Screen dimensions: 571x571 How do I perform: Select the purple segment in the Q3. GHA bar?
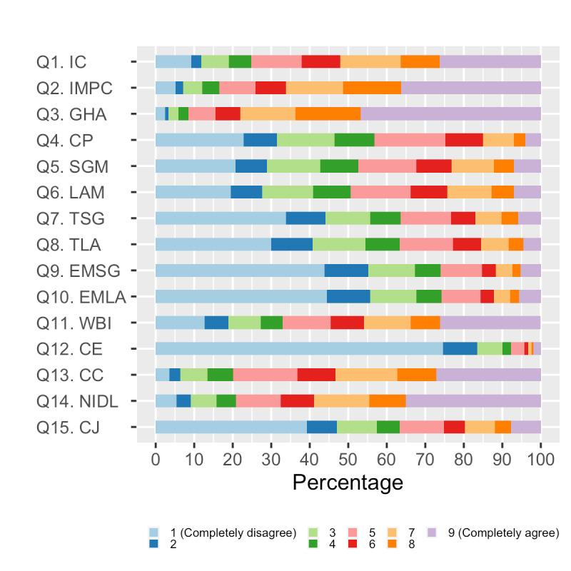click(450, 113)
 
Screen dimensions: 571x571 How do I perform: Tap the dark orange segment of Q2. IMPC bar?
click(372, 88)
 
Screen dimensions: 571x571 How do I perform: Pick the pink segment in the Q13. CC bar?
click(265, 375)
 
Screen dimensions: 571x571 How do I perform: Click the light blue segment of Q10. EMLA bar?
click(241, 296)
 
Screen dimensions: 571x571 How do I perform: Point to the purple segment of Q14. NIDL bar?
click(473, 400)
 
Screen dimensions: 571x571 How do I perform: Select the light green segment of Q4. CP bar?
click(305, 140)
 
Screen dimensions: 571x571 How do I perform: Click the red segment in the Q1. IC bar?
click(320, 61)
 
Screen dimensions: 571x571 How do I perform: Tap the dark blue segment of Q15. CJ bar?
click(322, 427)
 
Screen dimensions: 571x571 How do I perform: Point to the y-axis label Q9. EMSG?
click(78, 271)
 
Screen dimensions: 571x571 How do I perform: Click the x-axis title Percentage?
click(348, 483)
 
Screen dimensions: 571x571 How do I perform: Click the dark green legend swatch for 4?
click(313, 544)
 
